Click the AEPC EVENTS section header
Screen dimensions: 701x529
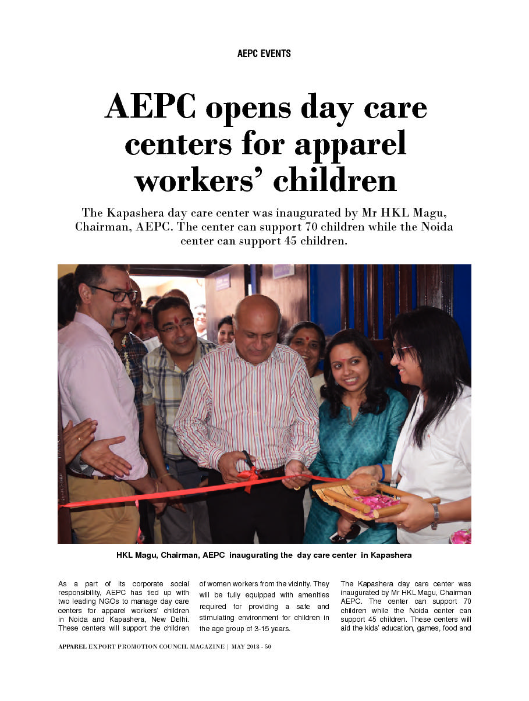point(264,54)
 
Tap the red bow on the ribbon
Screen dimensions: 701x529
point(248,476)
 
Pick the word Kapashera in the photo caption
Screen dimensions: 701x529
point(390,555)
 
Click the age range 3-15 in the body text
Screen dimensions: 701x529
point(255,629)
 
